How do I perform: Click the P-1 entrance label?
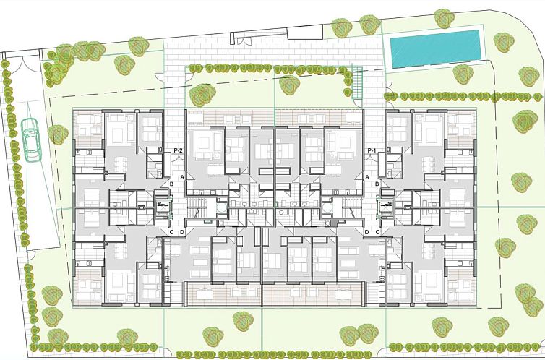click(372, 150)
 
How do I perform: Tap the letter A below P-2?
click(183, 176)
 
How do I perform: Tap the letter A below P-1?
click(367, 176)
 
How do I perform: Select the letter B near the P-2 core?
click(171, 185)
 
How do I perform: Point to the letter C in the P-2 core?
click(171, 232)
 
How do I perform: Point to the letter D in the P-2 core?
click(182, 232)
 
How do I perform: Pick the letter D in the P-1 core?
click(367, 232)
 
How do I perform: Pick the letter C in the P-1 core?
click(378, 232)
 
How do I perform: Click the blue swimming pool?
click(435, 49)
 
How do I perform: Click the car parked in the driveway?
click(30, 139)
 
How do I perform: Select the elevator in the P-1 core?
click(387, 210)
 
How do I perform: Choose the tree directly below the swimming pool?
click(462, 74)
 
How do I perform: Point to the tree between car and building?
click(56, 134)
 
